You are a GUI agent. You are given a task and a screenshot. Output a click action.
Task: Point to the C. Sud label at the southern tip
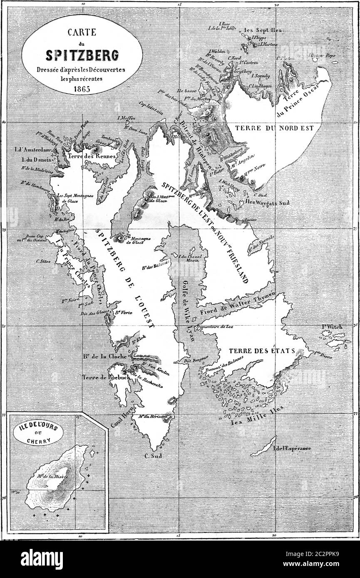tap(153, 456)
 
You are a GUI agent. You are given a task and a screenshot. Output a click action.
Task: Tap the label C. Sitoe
tap(44, 261)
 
